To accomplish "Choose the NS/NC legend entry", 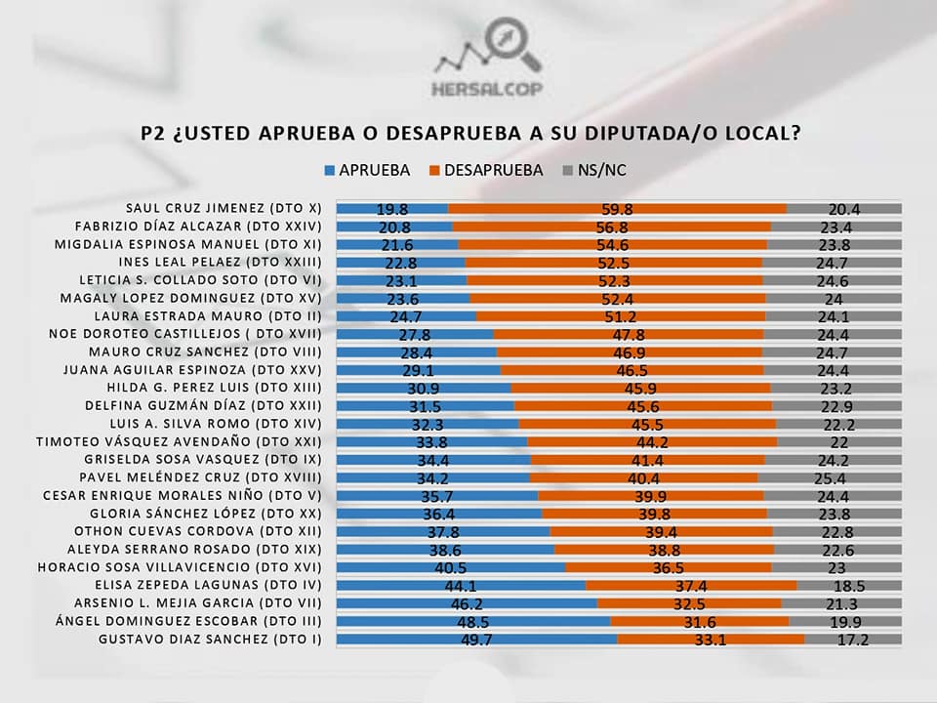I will click(594, 170).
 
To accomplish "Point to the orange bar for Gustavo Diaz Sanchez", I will click(711, 640).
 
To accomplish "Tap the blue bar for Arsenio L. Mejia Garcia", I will click(467, 603).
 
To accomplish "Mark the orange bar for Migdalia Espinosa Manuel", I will click(612, 244).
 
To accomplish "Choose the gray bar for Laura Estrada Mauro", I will click(834, 316).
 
